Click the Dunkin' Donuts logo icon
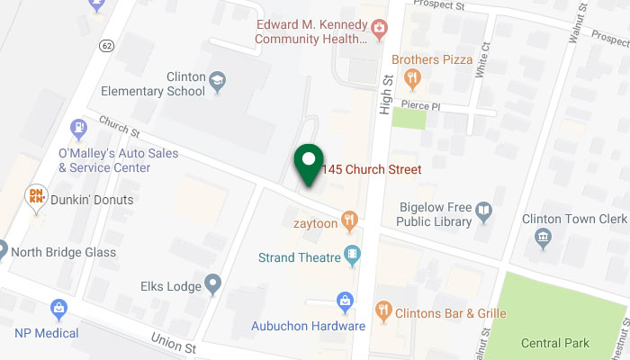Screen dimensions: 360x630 [x=38, y=195]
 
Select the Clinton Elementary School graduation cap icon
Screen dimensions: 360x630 [x=217, y=85]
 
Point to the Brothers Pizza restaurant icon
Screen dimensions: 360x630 [x=412, y=78]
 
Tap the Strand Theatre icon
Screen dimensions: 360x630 [x=354, y=257]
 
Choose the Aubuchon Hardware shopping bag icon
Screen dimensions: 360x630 [x=344, y=301]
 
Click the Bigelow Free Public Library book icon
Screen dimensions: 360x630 [x=484, y=211]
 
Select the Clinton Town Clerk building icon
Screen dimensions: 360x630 [x=542, y=238]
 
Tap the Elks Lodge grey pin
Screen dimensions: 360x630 [x=212, y=286]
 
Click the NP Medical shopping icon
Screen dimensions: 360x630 [x=59, y=310]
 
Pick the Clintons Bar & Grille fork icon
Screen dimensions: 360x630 [x=383, y=311]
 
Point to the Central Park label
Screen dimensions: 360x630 [x=555, y=343]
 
